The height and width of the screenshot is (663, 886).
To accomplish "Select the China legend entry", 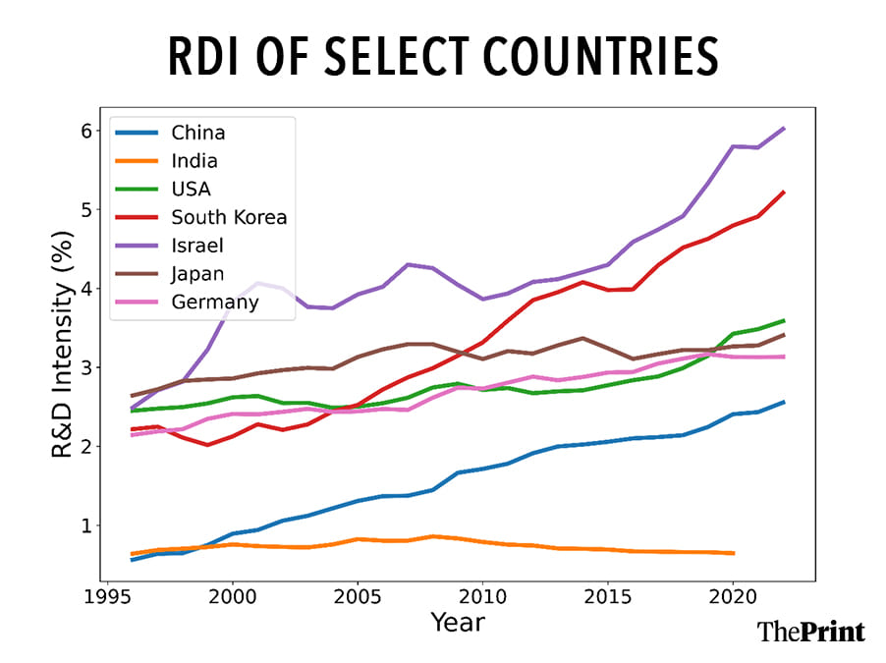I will point(196,133).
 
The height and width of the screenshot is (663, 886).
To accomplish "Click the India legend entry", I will point(194,161).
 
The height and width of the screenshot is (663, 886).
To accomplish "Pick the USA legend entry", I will point(192,189).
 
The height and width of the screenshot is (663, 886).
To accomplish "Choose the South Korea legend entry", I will point(229,217).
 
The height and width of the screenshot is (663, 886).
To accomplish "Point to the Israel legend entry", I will point(196,246).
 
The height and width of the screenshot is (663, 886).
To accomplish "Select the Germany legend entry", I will point(215,302).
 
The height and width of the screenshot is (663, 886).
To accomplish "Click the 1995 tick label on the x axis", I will point(107,595).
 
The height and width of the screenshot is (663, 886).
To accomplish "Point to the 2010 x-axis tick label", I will point(482,595).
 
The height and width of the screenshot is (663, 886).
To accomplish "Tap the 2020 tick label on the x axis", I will point(733,595).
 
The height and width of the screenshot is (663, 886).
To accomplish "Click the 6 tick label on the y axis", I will point(85,131).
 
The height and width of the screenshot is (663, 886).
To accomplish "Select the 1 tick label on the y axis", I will point(85,525).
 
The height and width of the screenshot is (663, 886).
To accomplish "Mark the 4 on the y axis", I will point(85,289).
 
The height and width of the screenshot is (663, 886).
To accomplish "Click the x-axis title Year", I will point(457,624).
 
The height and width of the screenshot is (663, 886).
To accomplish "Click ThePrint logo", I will point(810,632).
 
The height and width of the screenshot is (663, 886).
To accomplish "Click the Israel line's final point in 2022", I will point(784,128).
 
